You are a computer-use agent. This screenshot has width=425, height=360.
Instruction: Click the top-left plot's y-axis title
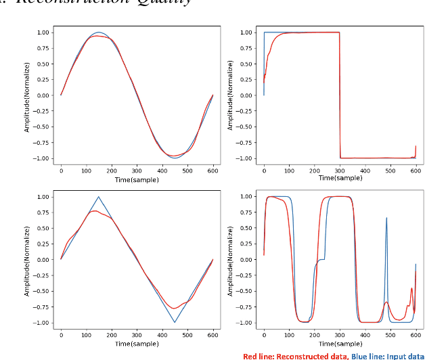tap(28, 95)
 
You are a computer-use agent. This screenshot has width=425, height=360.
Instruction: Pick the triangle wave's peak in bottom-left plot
tap(99, 197)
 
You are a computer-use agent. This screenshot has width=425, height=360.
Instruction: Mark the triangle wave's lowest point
tap(175, 322)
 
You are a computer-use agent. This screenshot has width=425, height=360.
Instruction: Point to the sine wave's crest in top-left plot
tap(99, 32)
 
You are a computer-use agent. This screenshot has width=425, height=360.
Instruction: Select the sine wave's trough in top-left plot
tap(175, 157)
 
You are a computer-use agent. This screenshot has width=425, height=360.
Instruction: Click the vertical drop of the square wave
tap(340, 95)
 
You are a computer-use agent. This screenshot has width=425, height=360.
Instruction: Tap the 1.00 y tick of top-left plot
tap(43, 32)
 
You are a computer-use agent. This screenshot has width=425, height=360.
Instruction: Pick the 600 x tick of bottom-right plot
tap(416, 334)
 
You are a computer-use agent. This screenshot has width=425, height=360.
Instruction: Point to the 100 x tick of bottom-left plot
tap(86, 334)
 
